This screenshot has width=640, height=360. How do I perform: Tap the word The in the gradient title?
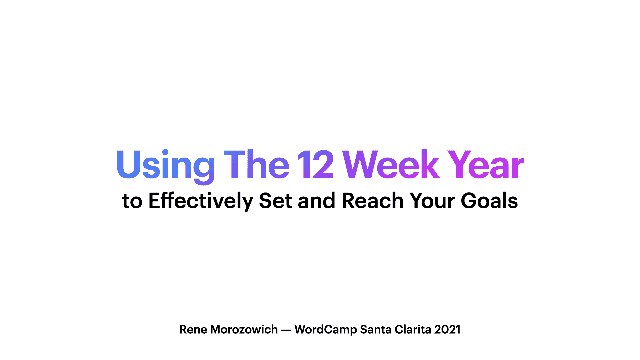pos(256,164)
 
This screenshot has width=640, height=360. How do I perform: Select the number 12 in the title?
pos(315,164)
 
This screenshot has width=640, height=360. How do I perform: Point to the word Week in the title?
pos(391,164)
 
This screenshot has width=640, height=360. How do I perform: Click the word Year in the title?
pos(486,164)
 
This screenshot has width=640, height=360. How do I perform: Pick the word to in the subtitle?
pos(132,201)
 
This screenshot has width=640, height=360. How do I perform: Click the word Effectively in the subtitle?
pos(201,201)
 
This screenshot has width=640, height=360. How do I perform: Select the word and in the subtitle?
pos(316,201)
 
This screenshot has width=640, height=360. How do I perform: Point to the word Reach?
pos(373,201)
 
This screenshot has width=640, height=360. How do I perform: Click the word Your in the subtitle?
pos(432,201)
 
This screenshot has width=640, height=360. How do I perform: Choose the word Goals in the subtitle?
pos(489,201)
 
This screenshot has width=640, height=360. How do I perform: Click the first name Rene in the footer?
pos(193,329)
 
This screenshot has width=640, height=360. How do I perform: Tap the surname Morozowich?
pos(244,329)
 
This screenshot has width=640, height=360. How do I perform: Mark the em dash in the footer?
pos(286,330)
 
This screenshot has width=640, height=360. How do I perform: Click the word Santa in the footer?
pos(376,329)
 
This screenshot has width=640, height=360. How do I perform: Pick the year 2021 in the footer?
pos(447,329)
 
